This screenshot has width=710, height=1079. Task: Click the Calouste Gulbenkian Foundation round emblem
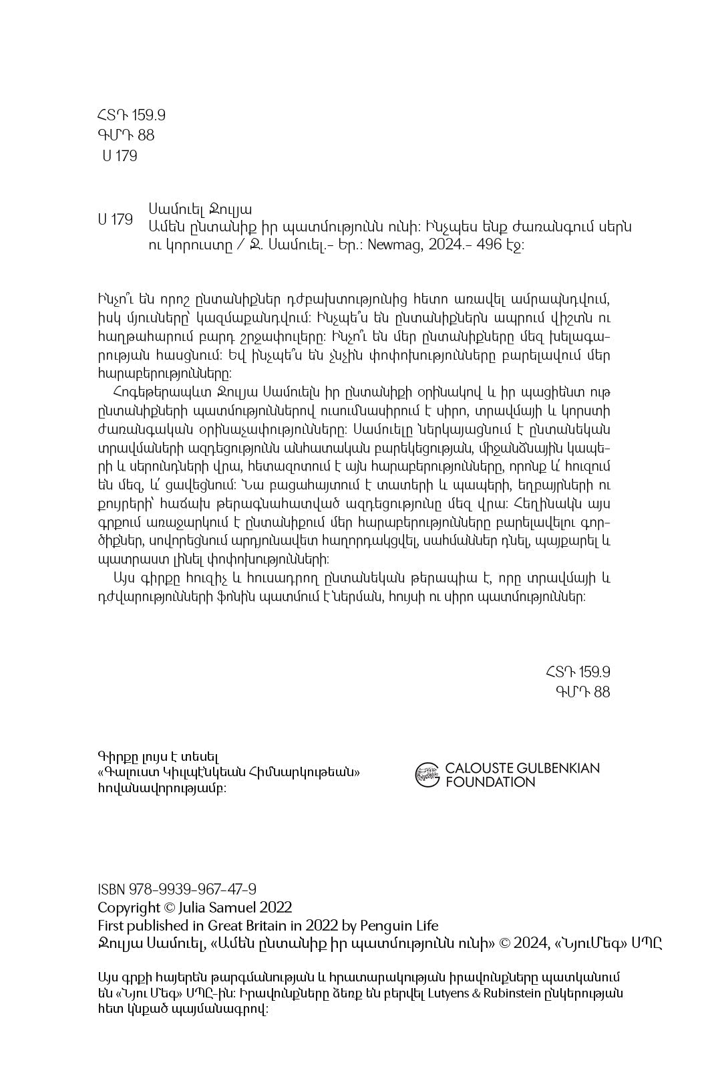pos(427,775)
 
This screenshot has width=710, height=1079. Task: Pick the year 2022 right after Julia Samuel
pos(276,907)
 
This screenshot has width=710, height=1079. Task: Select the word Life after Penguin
pos(425,925)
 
